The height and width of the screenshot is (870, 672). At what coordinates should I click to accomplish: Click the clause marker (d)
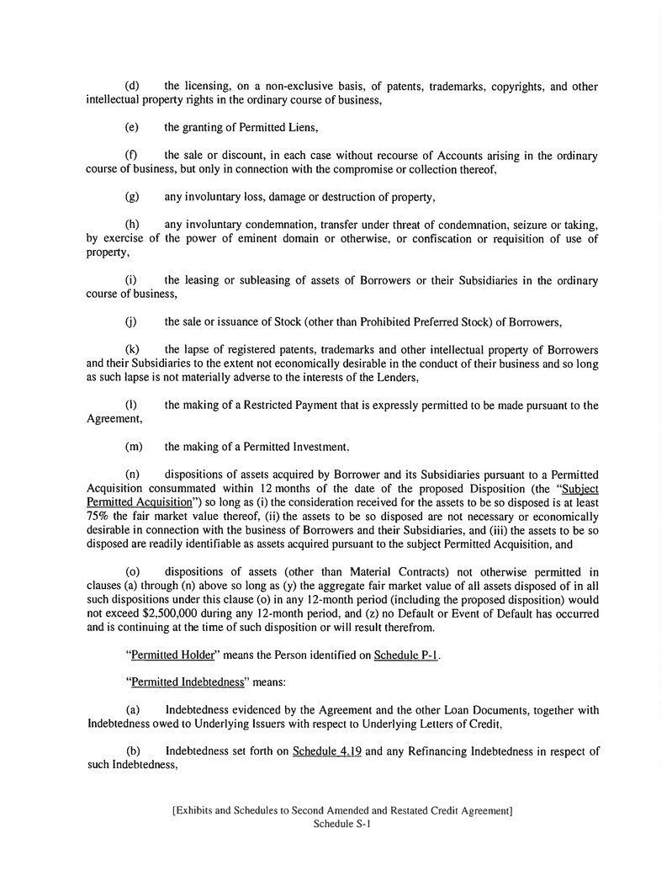click(132, 87)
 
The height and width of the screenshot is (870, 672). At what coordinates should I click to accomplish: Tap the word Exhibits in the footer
click(198, 811)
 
